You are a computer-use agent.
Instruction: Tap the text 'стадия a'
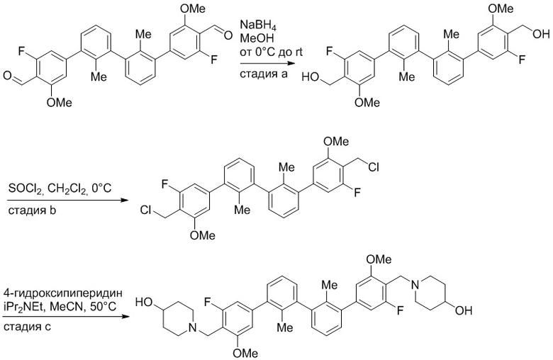point(264,74)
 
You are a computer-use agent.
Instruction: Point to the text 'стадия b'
point(32,211)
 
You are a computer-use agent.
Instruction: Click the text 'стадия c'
point(28,327)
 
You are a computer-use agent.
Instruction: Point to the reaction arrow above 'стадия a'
point(267,64)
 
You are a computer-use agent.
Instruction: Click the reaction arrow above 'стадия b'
point(67,201)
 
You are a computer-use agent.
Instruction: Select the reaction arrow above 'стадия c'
point(66,316)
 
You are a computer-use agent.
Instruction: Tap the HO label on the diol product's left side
point(311,77)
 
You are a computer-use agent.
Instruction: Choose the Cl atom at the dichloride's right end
point(374,168)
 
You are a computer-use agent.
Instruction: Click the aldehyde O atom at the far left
point(8,76)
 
